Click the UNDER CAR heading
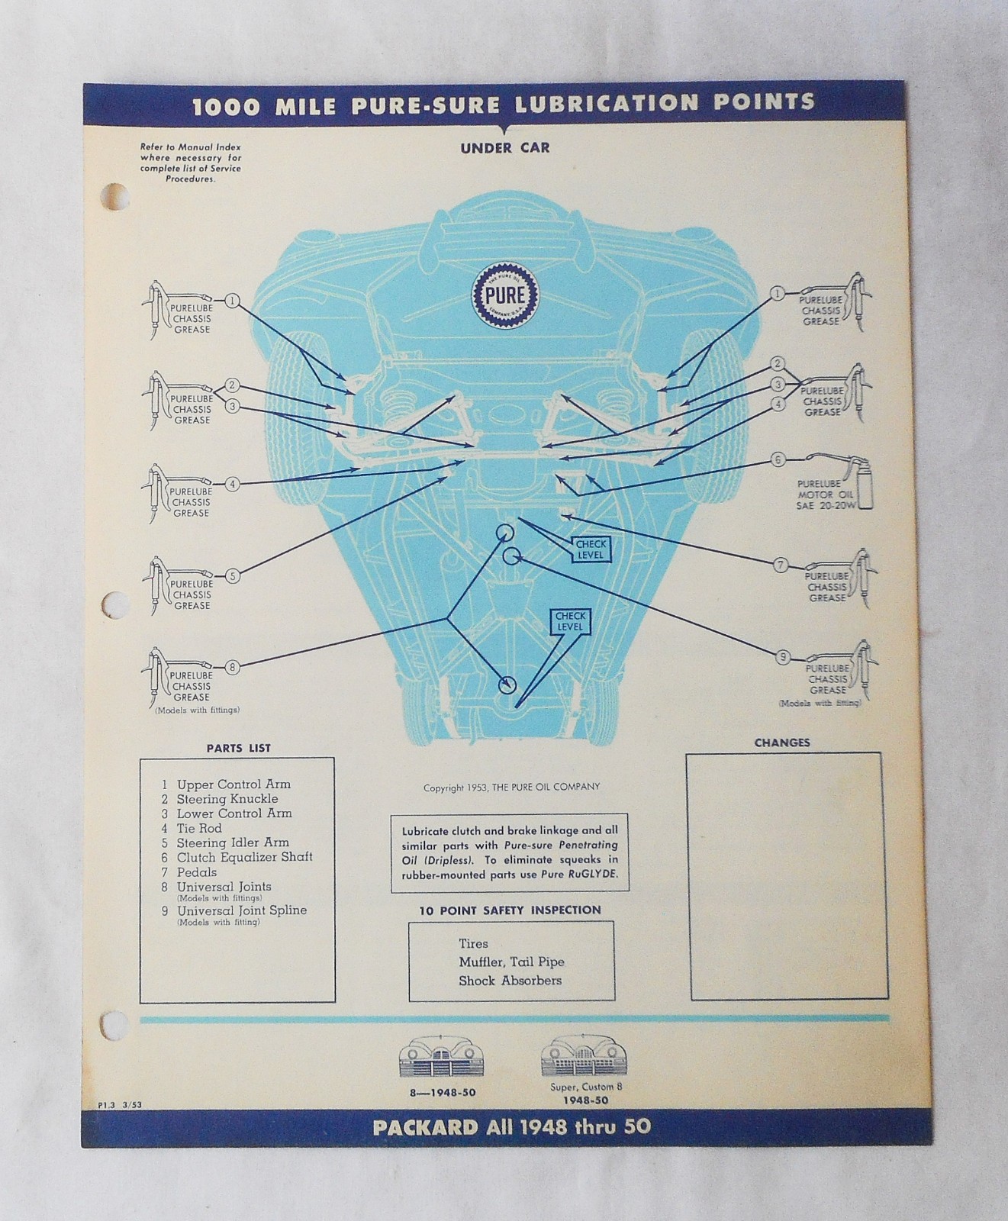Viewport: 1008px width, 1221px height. (504, 147)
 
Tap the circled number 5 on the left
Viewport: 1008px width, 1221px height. (233, 576)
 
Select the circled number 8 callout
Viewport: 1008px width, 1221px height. (233, 667)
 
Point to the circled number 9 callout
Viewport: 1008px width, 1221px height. (782, 656)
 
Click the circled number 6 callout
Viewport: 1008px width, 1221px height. (778, 460)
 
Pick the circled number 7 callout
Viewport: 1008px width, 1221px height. (781, 565)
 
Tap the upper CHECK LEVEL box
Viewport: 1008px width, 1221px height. (591, 549)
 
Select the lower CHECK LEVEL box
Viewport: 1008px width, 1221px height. (569, 621)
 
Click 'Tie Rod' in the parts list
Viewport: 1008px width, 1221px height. (199, 828)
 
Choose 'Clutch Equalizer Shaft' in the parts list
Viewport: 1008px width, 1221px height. (244, 857)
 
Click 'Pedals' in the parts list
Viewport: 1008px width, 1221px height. (197, 872)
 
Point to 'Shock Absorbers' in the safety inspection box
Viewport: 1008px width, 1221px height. (510, 981)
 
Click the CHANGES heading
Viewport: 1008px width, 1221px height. (782, 742)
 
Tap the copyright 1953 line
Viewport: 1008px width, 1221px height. (511, 787)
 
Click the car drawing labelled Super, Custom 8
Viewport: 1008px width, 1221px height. (581, 1058)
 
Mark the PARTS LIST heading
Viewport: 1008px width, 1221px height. (238, 748)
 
